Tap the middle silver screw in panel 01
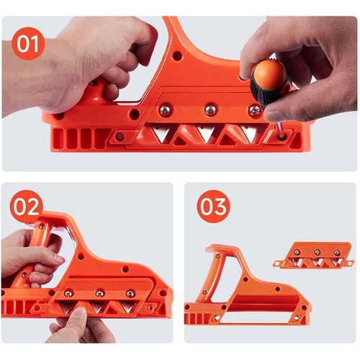210,109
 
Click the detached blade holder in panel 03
315,256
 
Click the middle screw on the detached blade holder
316,252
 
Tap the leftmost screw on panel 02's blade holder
68,293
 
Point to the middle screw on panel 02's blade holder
99,293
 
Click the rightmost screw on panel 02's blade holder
130,293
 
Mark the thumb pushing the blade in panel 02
78,320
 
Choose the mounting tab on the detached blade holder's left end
279,264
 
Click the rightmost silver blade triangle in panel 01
250,135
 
